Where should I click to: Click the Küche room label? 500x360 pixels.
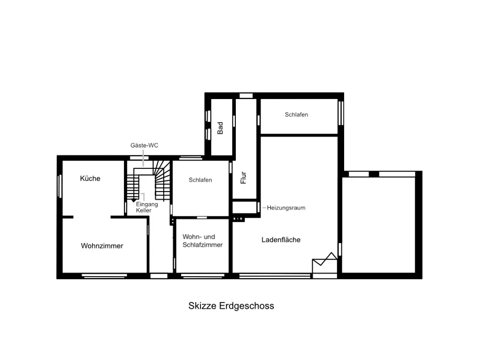(x=90, y=178)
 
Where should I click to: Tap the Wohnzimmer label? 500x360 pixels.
(x=102, y=246)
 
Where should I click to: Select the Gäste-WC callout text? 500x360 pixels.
(x=144, y=145)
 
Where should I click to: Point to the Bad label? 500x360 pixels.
(x=220, y=128)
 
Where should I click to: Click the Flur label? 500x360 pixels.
(x=243, y=178)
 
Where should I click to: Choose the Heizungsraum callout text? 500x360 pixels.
(x=286, y=208)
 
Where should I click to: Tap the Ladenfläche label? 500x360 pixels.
(x=281, y=240)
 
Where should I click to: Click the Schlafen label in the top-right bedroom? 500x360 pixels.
(x=297, y=114)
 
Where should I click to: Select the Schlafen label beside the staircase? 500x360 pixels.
(x=200, y=180)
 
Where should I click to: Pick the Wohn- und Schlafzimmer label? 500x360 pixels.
(x=203, y=241)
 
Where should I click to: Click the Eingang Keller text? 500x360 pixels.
(x=147, y=207)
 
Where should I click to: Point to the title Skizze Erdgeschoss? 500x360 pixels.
(x=231, y=306)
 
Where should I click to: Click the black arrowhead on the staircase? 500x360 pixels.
(x=134, y=200)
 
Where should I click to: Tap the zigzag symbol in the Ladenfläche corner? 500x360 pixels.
(x=324, y=259)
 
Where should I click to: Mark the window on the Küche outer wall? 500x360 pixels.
(x=59, y=186)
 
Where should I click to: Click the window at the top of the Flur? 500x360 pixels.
(x=246, y=96)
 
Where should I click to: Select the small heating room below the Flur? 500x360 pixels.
(x=245, y=207)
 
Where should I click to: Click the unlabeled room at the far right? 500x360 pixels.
(x=379, y=225)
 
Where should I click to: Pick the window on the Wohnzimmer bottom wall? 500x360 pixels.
(x=104, y=276)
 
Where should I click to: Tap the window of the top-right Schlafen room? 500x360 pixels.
(x=341, y=113)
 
